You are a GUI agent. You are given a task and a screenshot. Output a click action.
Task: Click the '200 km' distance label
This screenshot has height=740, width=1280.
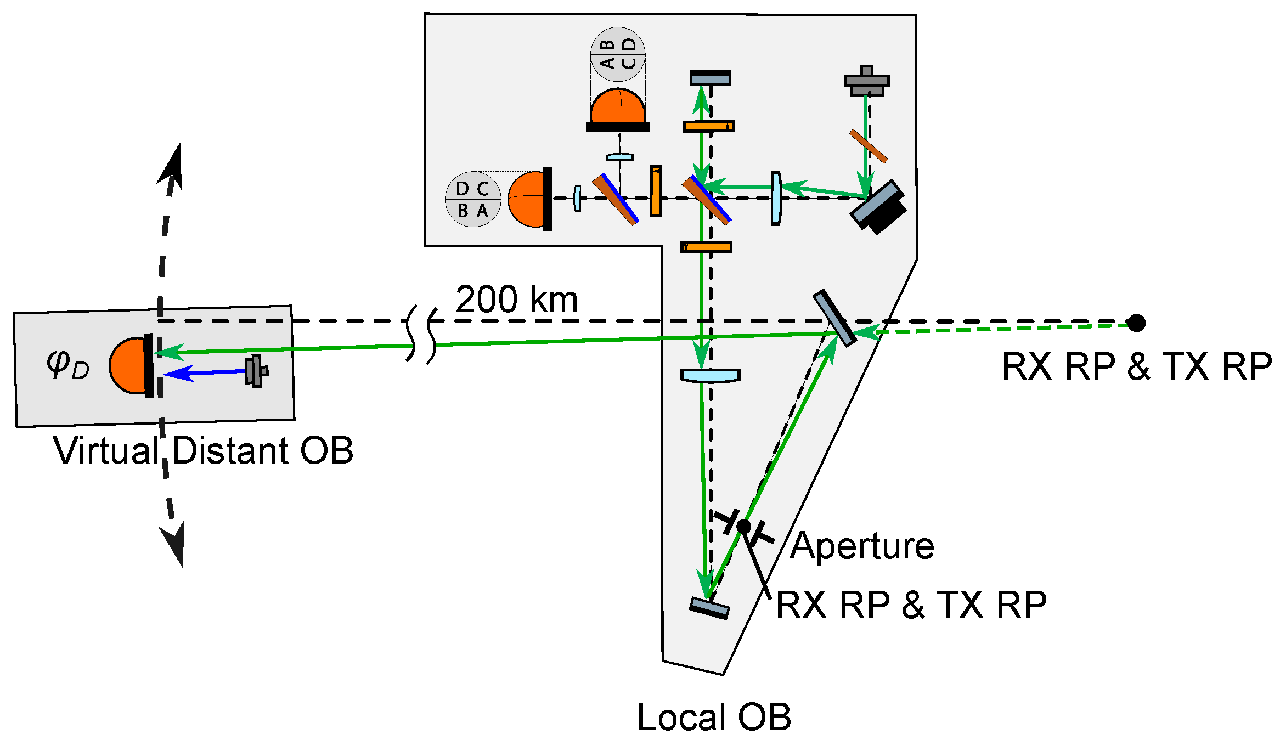tap(516, 300)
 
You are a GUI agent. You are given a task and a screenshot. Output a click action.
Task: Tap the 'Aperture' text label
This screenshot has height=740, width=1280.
tap(862, 546)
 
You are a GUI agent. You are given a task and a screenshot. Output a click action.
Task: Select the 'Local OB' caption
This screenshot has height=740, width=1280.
tap(714, 717)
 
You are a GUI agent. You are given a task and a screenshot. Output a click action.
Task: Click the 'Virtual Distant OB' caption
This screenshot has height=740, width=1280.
tap(203, 450)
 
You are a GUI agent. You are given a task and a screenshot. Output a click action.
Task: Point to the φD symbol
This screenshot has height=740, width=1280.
tap(67, 364)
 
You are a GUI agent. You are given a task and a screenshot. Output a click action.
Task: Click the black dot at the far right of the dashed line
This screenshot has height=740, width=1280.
tap(1136, 323)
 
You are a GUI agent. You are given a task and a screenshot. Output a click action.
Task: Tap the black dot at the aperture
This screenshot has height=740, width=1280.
tap(743, 527)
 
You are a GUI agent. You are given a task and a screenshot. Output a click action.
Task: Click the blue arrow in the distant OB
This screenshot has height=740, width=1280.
tap(206, 372)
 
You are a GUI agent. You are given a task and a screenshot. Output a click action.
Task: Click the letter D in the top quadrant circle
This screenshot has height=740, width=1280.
tap(629, 44)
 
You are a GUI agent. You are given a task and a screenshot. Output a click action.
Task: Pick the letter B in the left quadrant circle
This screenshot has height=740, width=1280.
tap(463, 211)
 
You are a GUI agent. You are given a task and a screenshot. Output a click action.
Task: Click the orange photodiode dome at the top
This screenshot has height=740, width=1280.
tap(617, 107)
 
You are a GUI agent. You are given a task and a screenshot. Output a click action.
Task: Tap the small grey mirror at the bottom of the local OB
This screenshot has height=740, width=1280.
tap(709, 608)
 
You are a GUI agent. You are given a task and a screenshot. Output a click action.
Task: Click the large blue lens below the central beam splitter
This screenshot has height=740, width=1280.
tap(711, 376)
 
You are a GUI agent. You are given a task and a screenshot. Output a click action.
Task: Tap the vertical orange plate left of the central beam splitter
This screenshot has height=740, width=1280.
tap(655, 190)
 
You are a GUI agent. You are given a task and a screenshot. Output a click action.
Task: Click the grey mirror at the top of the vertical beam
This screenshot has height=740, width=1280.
tap(710, 78)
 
